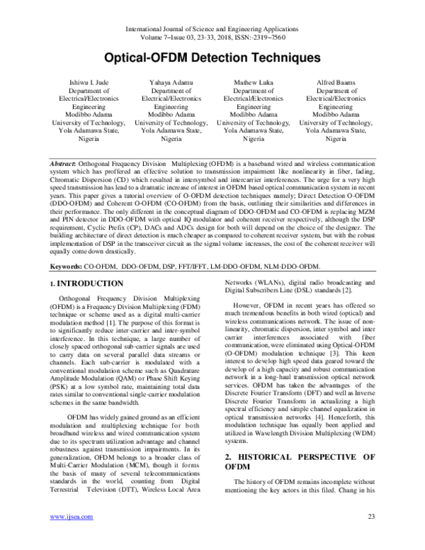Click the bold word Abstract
[x=63, y=164]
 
